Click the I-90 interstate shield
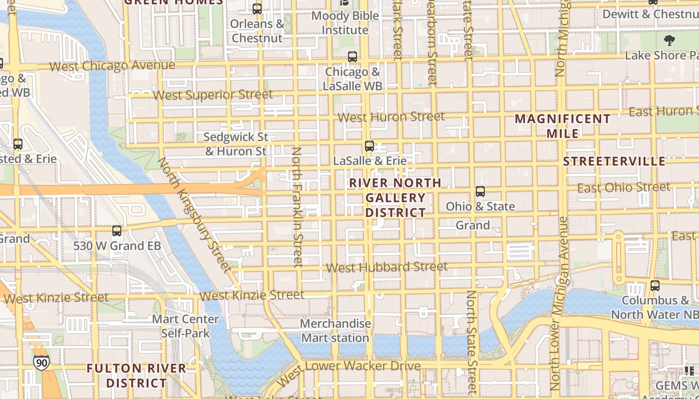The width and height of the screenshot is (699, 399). [x=42, y=363]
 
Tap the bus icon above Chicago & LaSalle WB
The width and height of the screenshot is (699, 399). [x=352, y=57]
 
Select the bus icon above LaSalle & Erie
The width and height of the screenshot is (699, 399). [x=369, y=146]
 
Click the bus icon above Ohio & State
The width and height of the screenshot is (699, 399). [x=480, y=192]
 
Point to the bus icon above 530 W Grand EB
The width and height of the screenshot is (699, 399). [x=117, y=231]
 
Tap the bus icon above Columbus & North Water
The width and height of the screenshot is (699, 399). [x=655, y=286]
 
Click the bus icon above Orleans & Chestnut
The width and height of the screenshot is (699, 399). [x=257, y=9]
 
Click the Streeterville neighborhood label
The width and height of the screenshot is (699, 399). [x=614, y=161]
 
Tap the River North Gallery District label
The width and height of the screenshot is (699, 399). [x=395, y=198]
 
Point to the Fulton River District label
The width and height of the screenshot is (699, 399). [x=136, y=376]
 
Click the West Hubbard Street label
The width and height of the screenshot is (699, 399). [x=386, y=267]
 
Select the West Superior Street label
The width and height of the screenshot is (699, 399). [x=213, y=95]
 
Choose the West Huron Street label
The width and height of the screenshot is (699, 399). [x=391, y=117]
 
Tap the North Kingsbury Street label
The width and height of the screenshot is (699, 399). [x=194, y=215]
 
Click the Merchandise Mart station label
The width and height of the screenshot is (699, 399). [x=335, y=331]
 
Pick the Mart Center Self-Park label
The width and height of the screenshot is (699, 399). [x=185, y=326]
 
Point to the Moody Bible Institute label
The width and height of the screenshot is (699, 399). [x=345, y=23]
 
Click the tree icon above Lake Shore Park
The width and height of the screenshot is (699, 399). [x=669, y=40]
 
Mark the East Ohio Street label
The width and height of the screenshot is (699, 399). [x=624, y=188]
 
